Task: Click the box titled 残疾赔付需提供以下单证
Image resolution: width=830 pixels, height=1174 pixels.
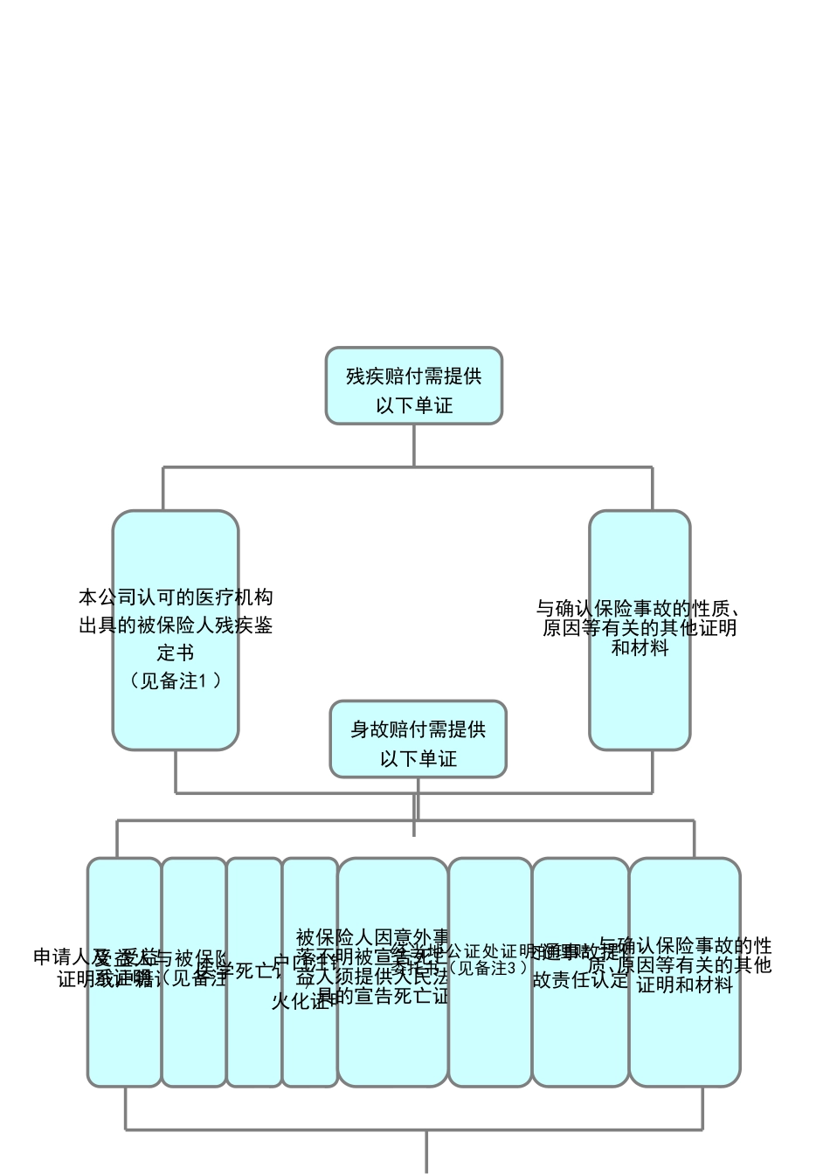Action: point(413,386)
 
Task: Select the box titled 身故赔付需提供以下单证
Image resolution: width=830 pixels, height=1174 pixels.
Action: point(418,739)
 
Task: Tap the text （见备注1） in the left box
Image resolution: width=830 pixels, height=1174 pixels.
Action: point(175,680)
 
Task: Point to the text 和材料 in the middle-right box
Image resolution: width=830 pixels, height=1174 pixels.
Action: point(640,648)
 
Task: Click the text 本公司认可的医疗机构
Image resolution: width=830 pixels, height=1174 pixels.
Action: point(175,597)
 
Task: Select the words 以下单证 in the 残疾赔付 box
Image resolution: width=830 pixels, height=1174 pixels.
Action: point(414,405)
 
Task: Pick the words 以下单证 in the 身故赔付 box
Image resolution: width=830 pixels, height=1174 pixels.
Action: point(418,758)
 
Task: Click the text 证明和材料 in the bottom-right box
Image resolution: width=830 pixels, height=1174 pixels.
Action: point(684,984)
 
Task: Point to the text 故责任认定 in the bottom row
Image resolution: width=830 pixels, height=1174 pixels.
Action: point(580,980)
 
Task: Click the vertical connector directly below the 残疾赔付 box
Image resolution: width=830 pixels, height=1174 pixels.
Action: point(413,445)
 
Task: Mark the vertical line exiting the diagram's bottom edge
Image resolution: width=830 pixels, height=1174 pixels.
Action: point(426,1153)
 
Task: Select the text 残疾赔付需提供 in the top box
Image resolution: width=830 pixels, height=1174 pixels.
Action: point(414,376)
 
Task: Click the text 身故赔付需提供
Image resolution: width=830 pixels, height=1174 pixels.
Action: point(418,729)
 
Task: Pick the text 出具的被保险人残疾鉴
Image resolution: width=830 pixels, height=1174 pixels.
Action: point(175,625)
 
